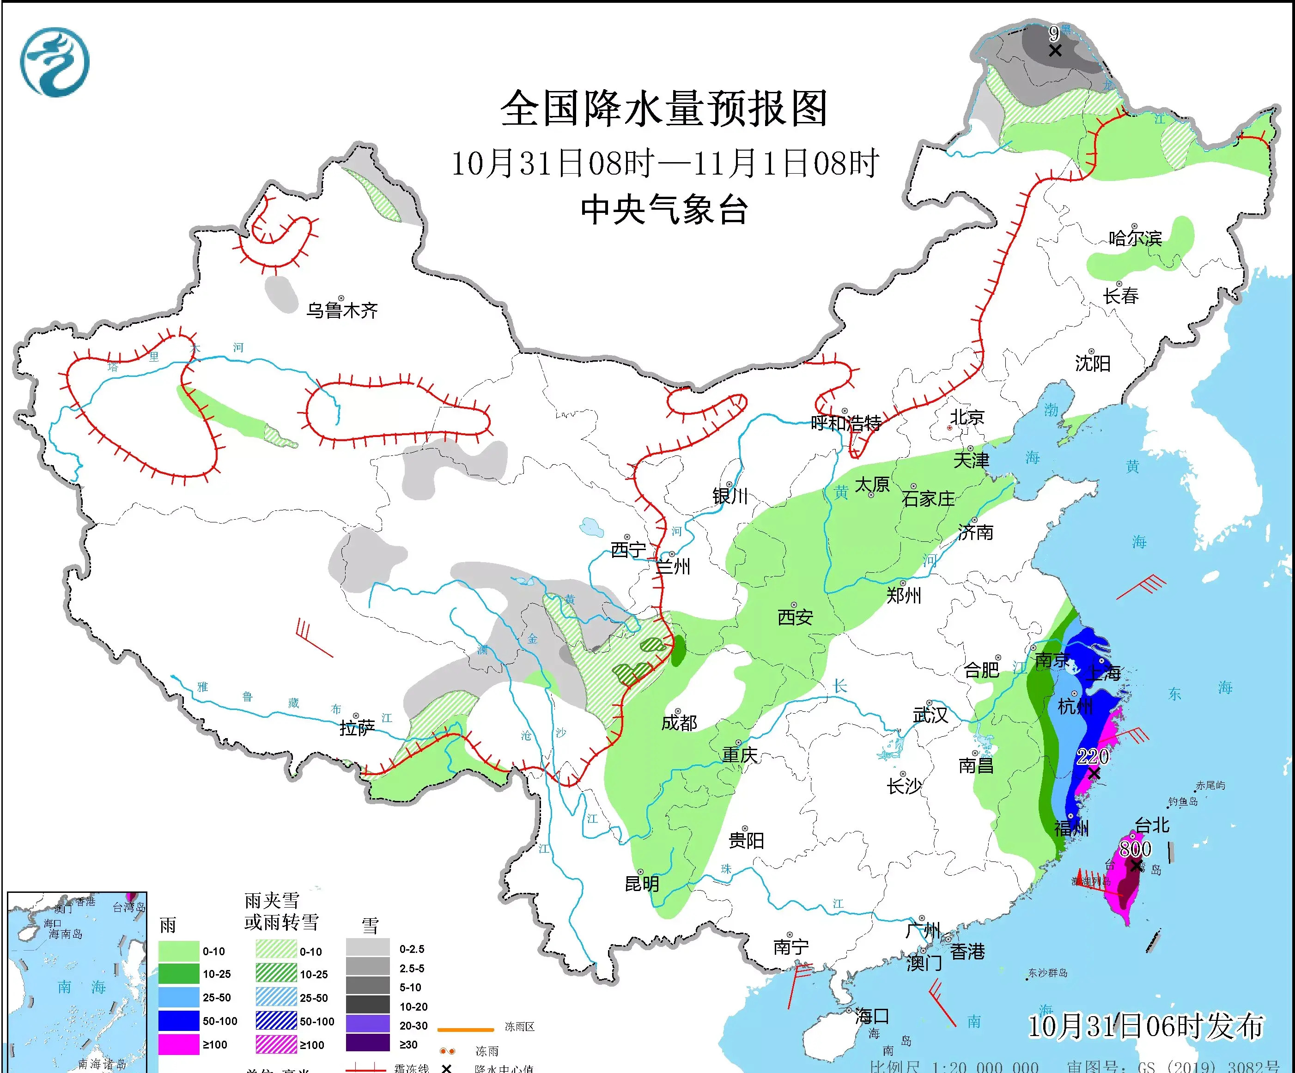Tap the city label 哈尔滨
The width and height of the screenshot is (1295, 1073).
coord(1135,238)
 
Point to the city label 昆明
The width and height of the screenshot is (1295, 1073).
coord(642,884)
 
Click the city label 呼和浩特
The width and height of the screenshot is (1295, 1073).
coord(845,423)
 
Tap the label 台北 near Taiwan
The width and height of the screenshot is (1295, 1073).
coord(1152,825)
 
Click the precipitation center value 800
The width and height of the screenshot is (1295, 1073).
coord(1135,849)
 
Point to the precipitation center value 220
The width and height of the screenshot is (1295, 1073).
coord(1093,757)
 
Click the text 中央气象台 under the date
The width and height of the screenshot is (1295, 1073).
coord(664,210)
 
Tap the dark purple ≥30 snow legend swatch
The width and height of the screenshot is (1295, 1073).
coord(368,1044)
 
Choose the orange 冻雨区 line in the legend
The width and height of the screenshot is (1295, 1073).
coord(466,1029)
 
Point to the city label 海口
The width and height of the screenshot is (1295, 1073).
coord(872,1016)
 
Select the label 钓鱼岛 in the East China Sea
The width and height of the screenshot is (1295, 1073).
coord(1183,802)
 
